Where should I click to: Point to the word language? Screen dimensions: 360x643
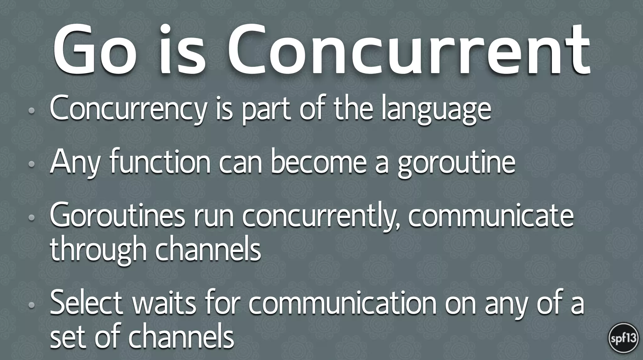[x=436, y=110]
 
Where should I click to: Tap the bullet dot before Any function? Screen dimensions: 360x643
[x=31, y=164]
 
